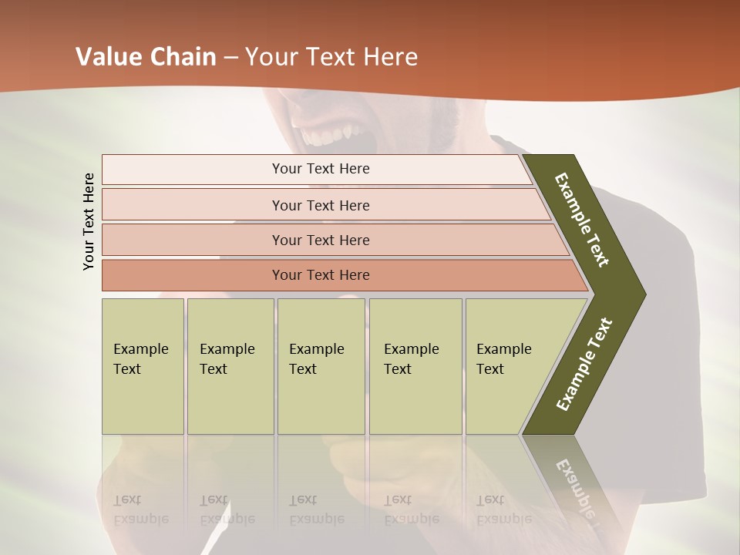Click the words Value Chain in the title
click(146, 57)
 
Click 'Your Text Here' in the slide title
click(331, 57)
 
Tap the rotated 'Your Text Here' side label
click(89, 222)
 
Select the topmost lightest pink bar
click(320, 169)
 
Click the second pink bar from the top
click(320, 205)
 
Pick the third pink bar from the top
click(320, 240)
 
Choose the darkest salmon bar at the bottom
click(320, 275)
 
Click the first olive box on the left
click(143, 366)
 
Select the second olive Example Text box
click(230, 366)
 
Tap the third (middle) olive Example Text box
click(321, 366)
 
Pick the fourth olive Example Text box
click(415, 366)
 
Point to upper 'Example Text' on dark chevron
click(582, 220)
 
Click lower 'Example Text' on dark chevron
click(584, 365)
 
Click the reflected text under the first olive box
click(141, 510)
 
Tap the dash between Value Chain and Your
click(230, 58)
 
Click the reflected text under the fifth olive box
click(504, 510)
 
